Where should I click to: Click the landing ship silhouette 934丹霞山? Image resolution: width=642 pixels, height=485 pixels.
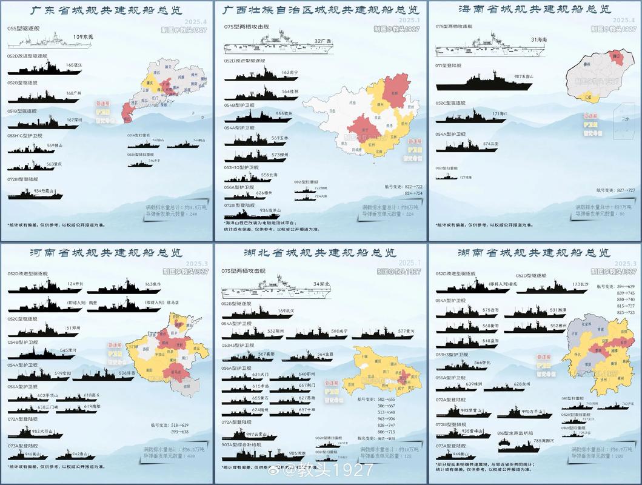point(30,194)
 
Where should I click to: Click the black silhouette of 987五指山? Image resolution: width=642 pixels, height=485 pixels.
point(479,81)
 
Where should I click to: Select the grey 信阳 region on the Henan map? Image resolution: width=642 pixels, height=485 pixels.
point(179,384)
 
